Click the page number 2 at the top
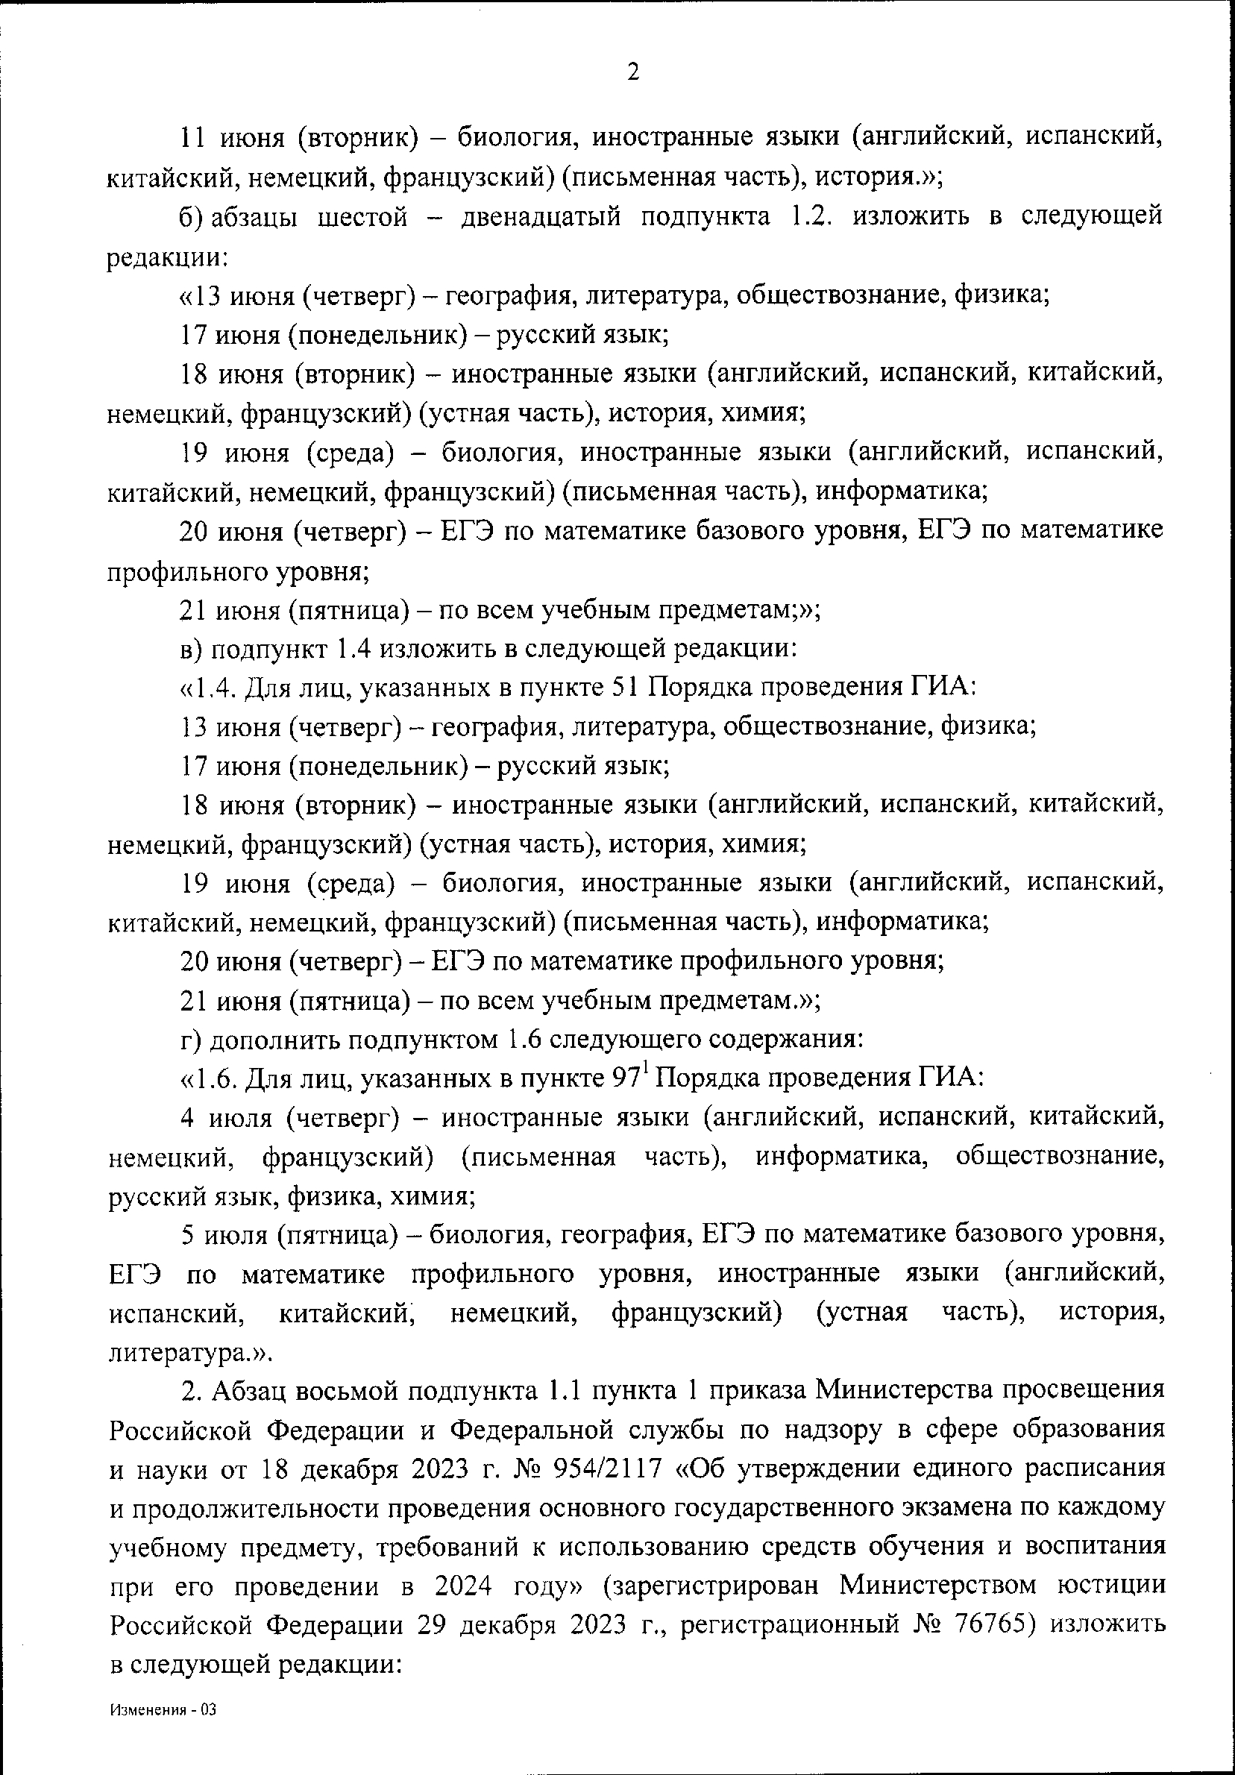coord(633,72)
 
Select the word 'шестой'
coord(362,217)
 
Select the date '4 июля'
coord(227,1118)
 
